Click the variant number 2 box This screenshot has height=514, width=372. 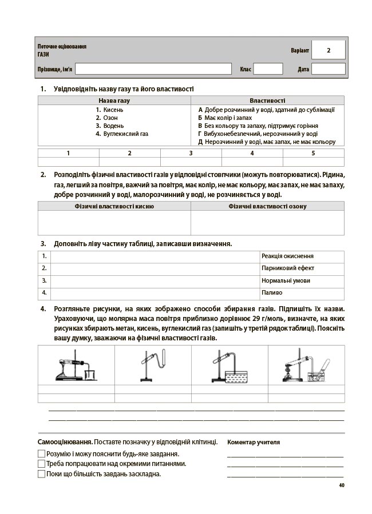click(329, 50)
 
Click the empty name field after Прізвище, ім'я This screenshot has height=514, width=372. click(153, 69)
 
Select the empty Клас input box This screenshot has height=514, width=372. click(268, 69)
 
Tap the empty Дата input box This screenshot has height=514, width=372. click(329, 69)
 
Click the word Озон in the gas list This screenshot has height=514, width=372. click(110, 118)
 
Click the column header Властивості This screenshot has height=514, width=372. click(267, 101)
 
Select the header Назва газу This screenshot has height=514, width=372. click(114, 101)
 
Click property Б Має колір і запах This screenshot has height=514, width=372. click(229, 118)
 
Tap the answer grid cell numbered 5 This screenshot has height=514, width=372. click(313, 153)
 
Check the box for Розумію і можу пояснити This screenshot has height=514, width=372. click(41, 454)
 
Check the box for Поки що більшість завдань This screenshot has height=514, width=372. click(41, 473)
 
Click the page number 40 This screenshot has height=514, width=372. click(342, 485)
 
